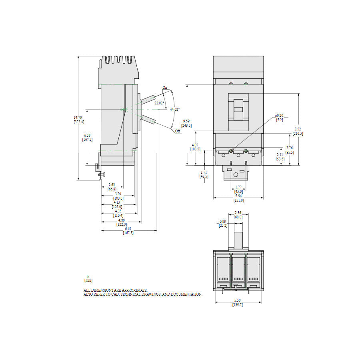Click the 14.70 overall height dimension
tap(78, 120)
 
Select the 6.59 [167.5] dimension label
tap(87, 137)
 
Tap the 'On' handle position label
tap(165, 87)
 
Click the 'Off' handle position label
tap(178, 131)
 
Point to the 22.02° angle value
tap(159, 103)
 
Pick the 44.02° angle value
tap(174, 109)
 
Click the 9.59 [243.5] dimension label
tap(186, 123)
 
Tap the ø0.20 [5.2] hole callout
tap(279, 118)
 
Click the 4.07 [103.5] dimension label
tap(195, 147)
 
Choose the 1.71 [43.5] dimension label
tap(204, 174)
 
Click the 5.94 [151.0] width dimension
tap(238, 198)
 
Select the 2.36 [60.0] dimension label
tap(238, 215)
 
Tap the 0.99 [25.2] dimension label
tap(223, 223)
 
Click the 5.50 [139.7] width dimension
tap(238, 302)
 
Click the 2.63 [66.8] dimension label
tap(112, 187)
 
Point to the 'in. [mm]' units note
tap(88, 278)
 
